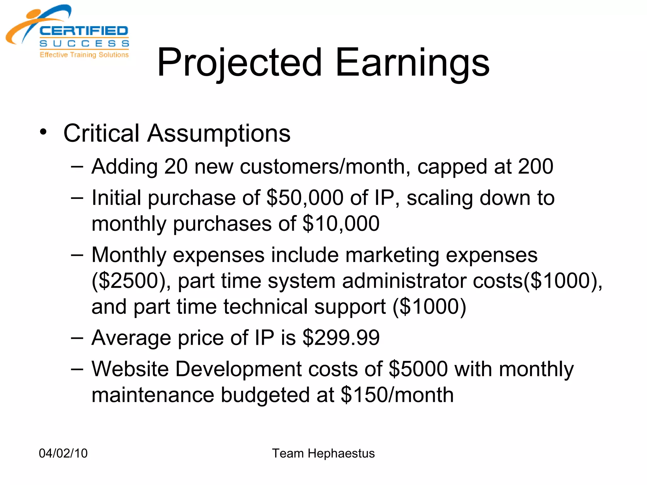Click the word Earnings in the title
[x=412, y=63]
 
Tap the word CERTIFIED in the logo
[x=84, y=31]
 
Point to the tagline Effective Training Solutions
[x=84, y=55]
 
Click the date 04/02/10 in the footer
[x=63, y=453]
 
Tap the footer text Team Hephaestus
[x=323, y=453]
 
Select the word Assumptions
[x=219, y=134]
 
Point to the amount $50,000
[x=305, y=198]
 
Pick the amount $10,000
[x=341, y=224]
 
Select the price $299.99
[x=341, y=338]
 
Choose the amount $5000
[x=418, y=369]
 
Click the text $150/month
[x=397, y=395]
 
